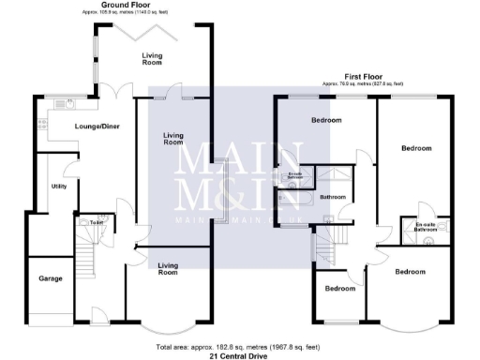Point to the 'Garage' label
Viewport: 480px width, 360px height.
coord(50,279)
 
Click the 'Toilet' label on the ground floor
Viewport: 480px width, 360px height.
coord(97,222)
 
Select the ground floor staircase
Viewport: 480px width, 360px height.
coord(82,253)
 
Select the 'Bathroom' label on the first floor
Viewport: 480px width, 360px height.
coord(333,198)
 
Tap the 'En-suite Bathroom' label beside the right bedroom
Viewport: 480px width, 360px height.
coord(426,225)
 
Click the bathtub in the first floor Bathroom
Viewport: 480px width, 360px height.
coord(298,198)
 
